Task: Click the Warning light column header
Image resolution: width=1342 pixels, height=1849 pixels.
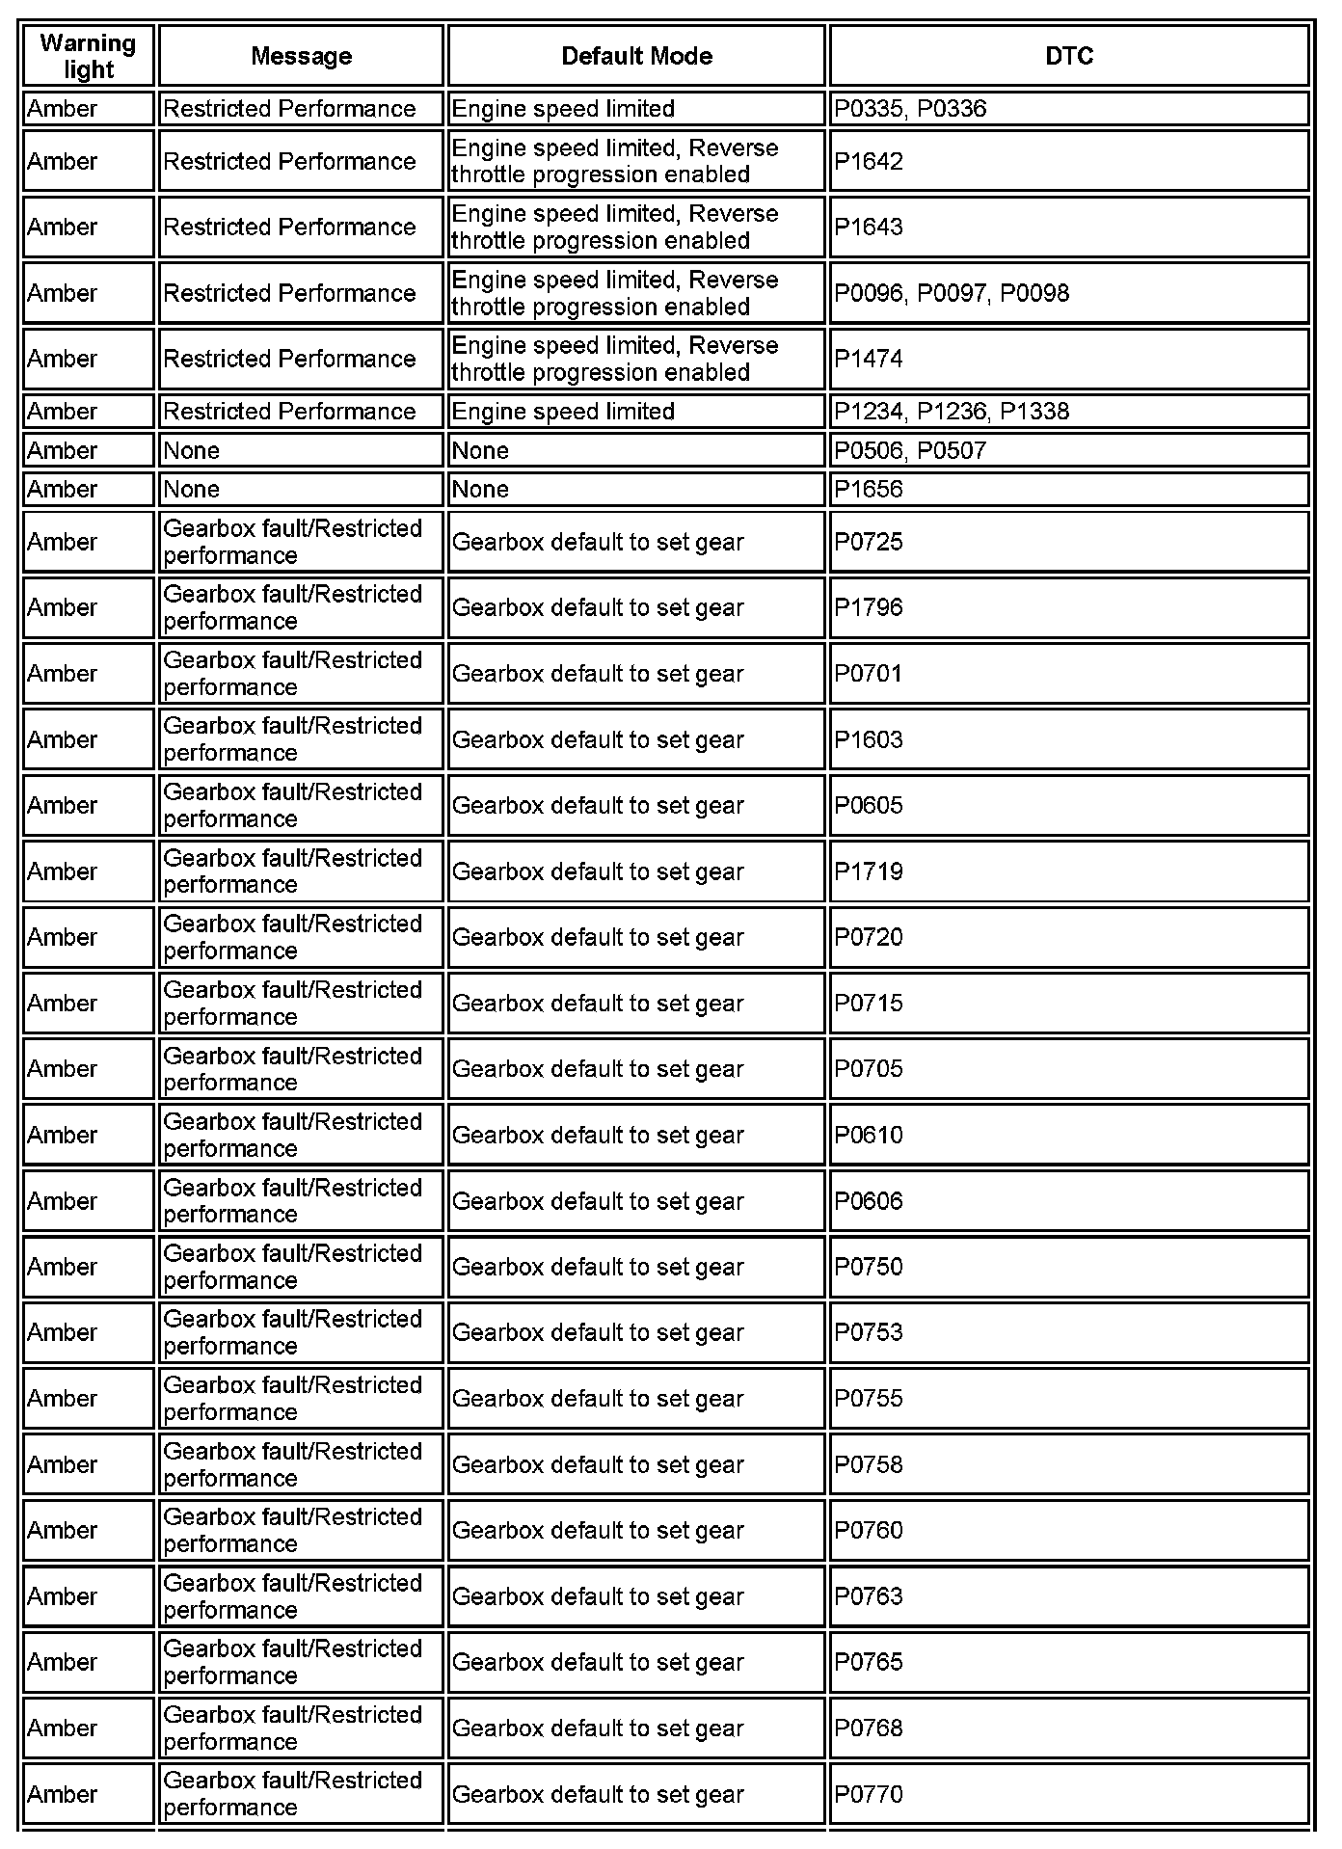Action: click(x=88, y=56)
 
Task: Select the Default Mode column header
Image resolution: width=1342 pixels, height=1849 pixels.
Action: click(x=636, y=56)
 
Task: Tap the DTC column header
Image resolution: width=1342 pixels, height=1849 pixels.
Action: click(x=1068, y=56)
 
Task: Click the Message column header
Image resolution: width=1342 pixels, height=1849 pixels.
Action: click(x=301, y=56)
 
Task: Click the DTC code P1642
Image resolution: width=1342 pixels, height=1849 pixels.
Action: click(x=869, y=161)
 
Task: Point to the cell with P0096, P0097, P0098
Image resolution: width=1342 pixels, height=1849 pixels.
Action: click(x=952, y=293)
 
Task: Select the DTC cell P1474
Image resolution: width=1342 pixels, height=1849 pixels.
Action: click(x=869, y=359)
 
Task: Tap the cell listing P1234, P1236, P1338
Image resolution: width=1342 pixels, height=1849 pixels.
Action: click(x=952, y=412)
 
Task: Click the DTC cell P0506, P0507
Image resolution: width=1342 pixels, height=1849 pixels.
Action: click(x=910, y=450)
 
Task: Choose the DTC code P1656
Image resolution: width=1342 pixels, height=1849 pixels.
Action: click(x=869, y=490)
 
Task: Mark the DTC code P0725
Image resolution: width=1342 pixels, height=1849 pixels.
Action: click(x=869, y=542)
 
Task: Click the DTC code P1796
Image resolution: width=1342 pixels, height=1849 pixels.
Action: click(x=869, y=607)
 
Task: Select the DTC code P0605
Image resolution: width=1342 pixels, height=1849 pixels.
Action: click(x=869, y=805)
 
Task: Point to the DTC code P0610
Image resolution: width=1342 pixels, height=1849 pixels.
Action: click(x=869, y=1135)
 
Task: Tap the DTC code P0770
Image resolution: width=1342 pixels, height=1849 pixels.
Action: click(x=869, y=1794)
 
